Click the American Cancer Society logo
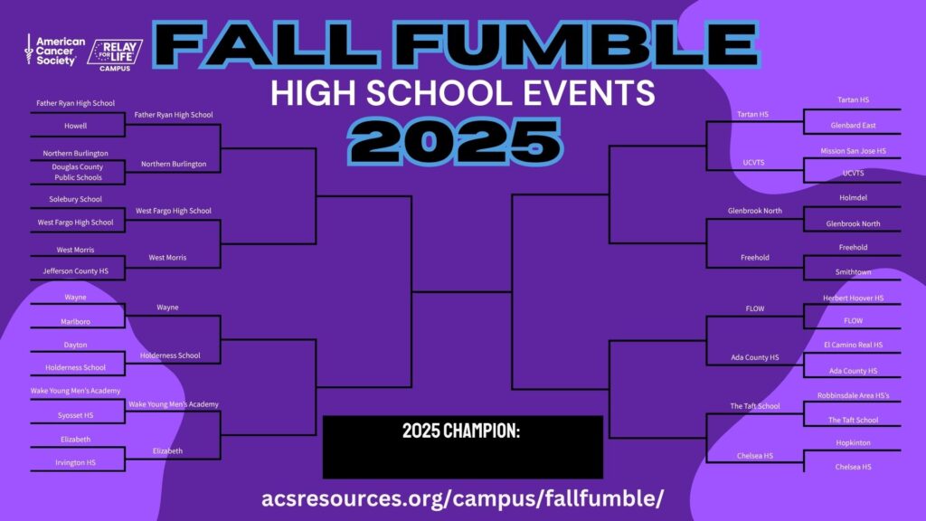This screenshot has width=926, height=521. [54, 51]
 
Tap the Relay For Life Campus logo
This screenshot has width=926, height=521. [115, 55]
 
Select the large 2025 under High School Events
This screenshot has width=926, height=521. [455, 142]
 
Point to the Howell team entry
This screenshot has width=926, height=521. [76, 126]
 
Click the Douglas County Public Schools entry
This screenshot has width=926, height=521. [78, 172]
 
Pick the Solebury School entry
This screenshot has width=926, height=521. [76, 199]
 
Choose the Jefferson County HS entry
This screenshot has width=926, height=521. [76, 271]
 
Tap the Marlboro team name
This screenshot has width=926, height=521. [76, 322]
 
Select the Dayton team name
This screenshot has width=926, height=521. [76, 345]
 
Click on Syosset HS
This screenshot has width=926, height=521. [76, 415]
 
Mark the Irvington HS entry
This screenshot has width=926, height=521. [76, 462]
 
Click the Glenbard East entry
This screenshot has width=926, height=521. [854, 125]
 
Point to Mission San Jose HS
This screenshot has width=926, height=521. [854, 151]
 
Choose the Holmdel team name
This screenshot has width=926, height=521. [854, 198]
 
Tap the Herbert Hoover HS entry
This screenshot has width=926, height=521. [854, 298]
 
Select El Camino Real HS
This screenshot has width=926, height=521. [854, 345]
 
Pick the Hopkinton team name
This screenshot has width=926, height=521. [854, 443]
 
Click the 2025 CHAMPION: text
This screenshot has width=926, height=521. [461, 431]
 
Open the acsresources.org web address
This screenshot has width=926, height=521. [462, 498]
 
